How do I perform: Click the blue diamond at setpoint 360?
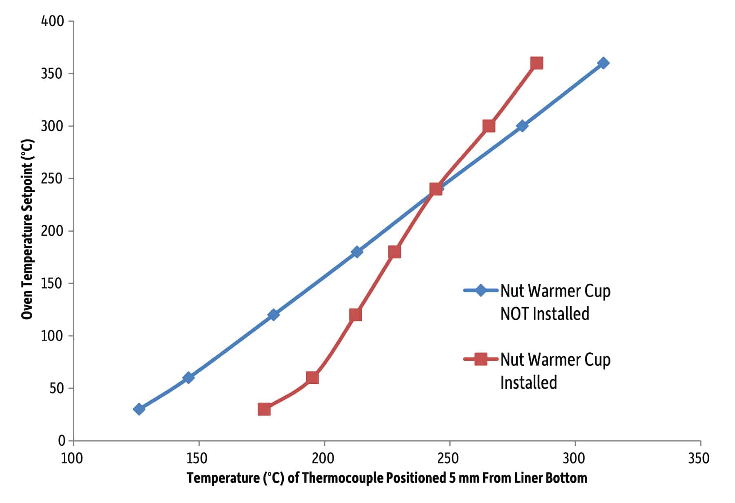(x=603, y=63)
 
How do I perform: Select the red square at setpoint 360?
(x=537, y=63)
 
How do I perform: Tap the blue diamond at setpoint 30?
(x=139, y=409)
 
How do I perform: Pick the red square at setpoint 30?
(x=264, y=409)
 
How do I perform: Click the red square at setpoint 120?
(x=355, y=315)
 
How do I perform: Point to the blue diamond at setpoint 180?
(x=356, y=251)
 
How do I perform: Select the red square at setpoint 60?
(x=312, y=378)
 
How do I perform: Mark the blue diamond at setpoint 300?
(x=521, y=126)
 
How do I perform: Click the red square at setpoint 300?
(x=489, y=126)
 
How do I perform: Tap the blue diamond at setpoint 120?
(x=274, y=314)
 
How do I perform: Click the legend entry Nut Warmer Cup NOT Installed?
(x=555, y=302)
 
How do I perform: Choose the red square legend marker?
(x=481, y=359)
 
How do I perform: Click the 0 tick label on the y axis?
(x=62, y=441)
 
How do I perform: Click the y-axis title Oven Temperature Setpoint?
(x=27, y=229)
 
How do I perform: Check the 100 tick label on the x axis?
(x=72, y=458)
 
